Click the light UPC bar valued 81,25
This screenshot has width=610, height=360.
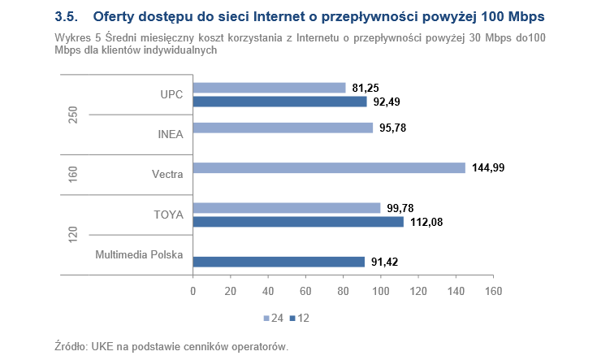coord(269,88)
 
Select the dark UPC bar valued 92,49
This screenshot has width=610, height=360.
coord(279,102)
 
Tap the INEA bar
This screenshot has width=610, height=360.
coord(283,128)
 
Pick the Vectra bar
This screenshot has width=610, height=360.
coord(329,167)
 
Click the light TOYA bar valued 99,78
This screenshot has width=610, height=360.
coord(287,208)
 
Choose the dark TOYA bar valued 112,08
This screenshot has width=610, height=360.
coord(298,222)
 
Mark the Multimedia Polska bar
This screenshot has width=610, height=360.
coord(279,262)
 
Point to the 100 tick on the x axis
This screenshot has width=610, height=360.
coord(380,291)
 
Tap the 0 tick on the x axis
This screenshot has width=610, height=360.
coord(193,291)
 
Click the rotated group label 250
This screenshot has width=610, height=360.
coord(73,115)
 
